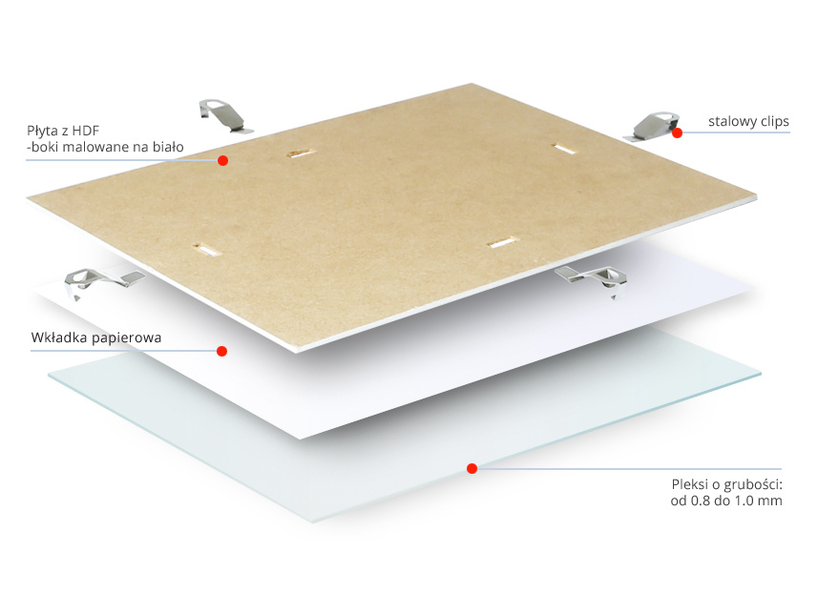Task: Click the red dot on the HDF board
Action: pos(222,160)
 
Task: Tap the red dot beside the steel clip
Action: pos(677,133)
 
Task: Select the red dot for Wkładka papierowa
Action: pos(221,352)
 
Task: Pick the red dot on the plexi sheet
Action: pos(472,469)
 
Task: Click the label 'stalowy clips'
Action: pos(748,121)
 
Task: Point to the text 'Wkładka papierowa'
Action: pos(96,337)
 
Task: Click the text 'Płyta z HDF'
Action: pos(63,131)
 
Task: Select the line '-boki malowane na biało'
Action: pos(105,147)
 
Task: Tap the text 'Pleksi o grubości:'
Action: pos(726,484)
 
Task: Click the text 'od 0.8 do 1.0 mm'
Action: pos(726,501)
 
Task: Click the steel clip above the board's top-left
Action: pos(224,115)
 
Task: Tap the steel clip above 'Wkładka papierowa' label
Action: pos(102,281)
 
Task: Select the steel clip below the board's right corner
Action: pos(592,279)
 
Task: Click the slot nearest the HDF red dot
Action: pos(302,153)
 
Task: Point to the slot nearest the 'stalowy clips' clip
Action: pos(564,149)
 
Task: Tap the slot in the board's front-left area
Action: pos(206,250)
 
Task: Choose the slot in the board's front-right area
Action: pos(502,242)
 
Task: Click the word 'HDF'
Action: pos(86,131)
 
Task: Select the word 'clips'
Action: pos(775,121)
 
